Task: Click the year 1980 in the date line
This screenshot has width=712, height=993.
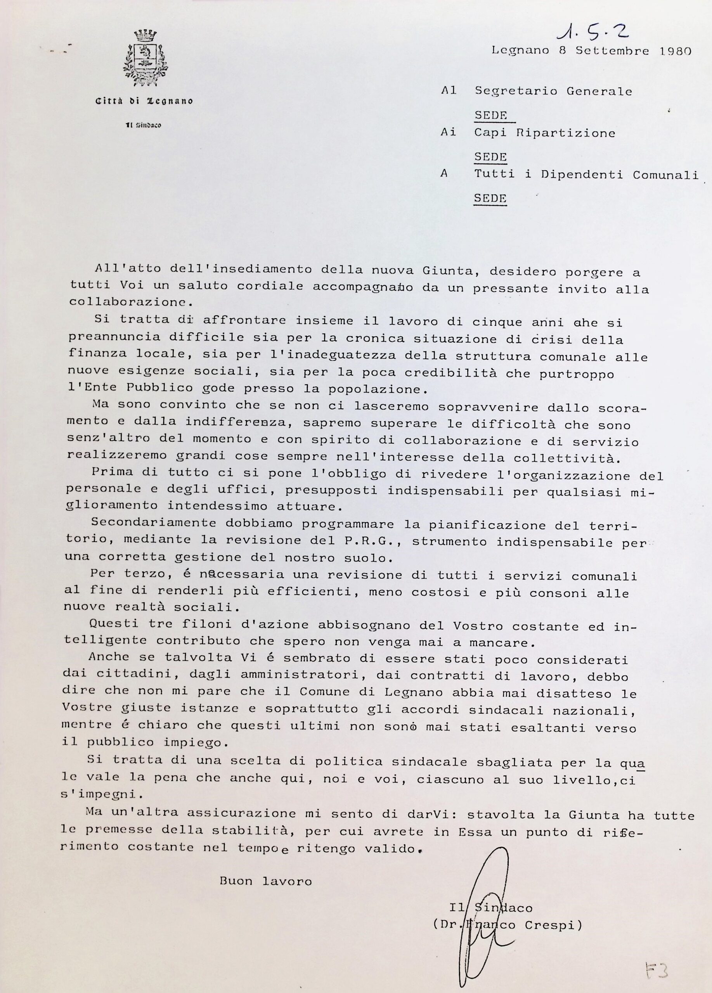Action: coord(674,51)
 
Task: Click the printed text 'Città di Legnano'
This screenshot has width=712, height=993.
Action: coord(144,101)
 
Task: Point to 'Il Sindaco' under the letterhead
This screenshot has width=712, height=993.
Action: coord(143,126)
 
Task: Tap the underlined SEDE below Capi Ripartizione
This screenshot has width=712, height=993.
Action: coord(491,157)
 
